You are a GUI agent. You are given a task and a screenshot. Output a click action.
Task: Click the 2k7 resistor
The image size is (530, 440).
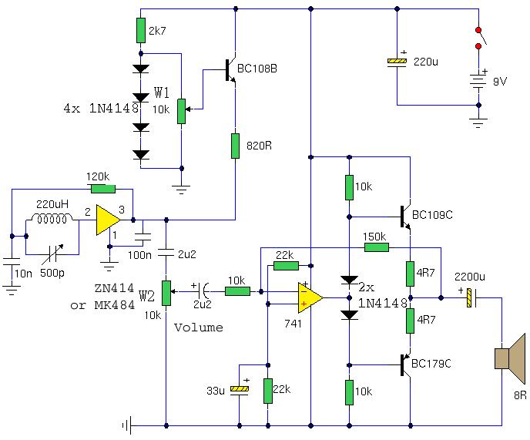141,30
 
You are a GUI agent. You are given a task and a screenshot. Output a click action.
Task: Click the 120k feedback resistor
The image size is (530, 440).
102,188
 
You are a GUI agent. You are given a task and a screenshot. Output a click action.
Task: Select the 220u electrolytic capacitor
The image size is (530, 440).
397,62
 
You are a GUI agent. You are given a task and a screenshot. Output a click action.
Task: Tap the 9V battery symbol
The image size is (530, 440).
479,82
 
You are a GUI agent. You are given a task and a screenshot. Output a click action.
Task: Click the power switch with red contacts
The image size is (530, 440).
479,39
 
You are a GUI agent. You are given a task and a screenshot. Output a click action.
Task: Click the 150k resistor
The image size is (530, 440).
376,247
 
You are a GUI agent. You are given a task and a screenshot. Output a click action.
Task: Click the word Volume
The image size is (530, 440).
199,327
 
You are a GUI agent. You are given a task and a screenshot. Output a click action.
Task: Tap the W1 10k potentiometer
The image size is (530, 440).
182,111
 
